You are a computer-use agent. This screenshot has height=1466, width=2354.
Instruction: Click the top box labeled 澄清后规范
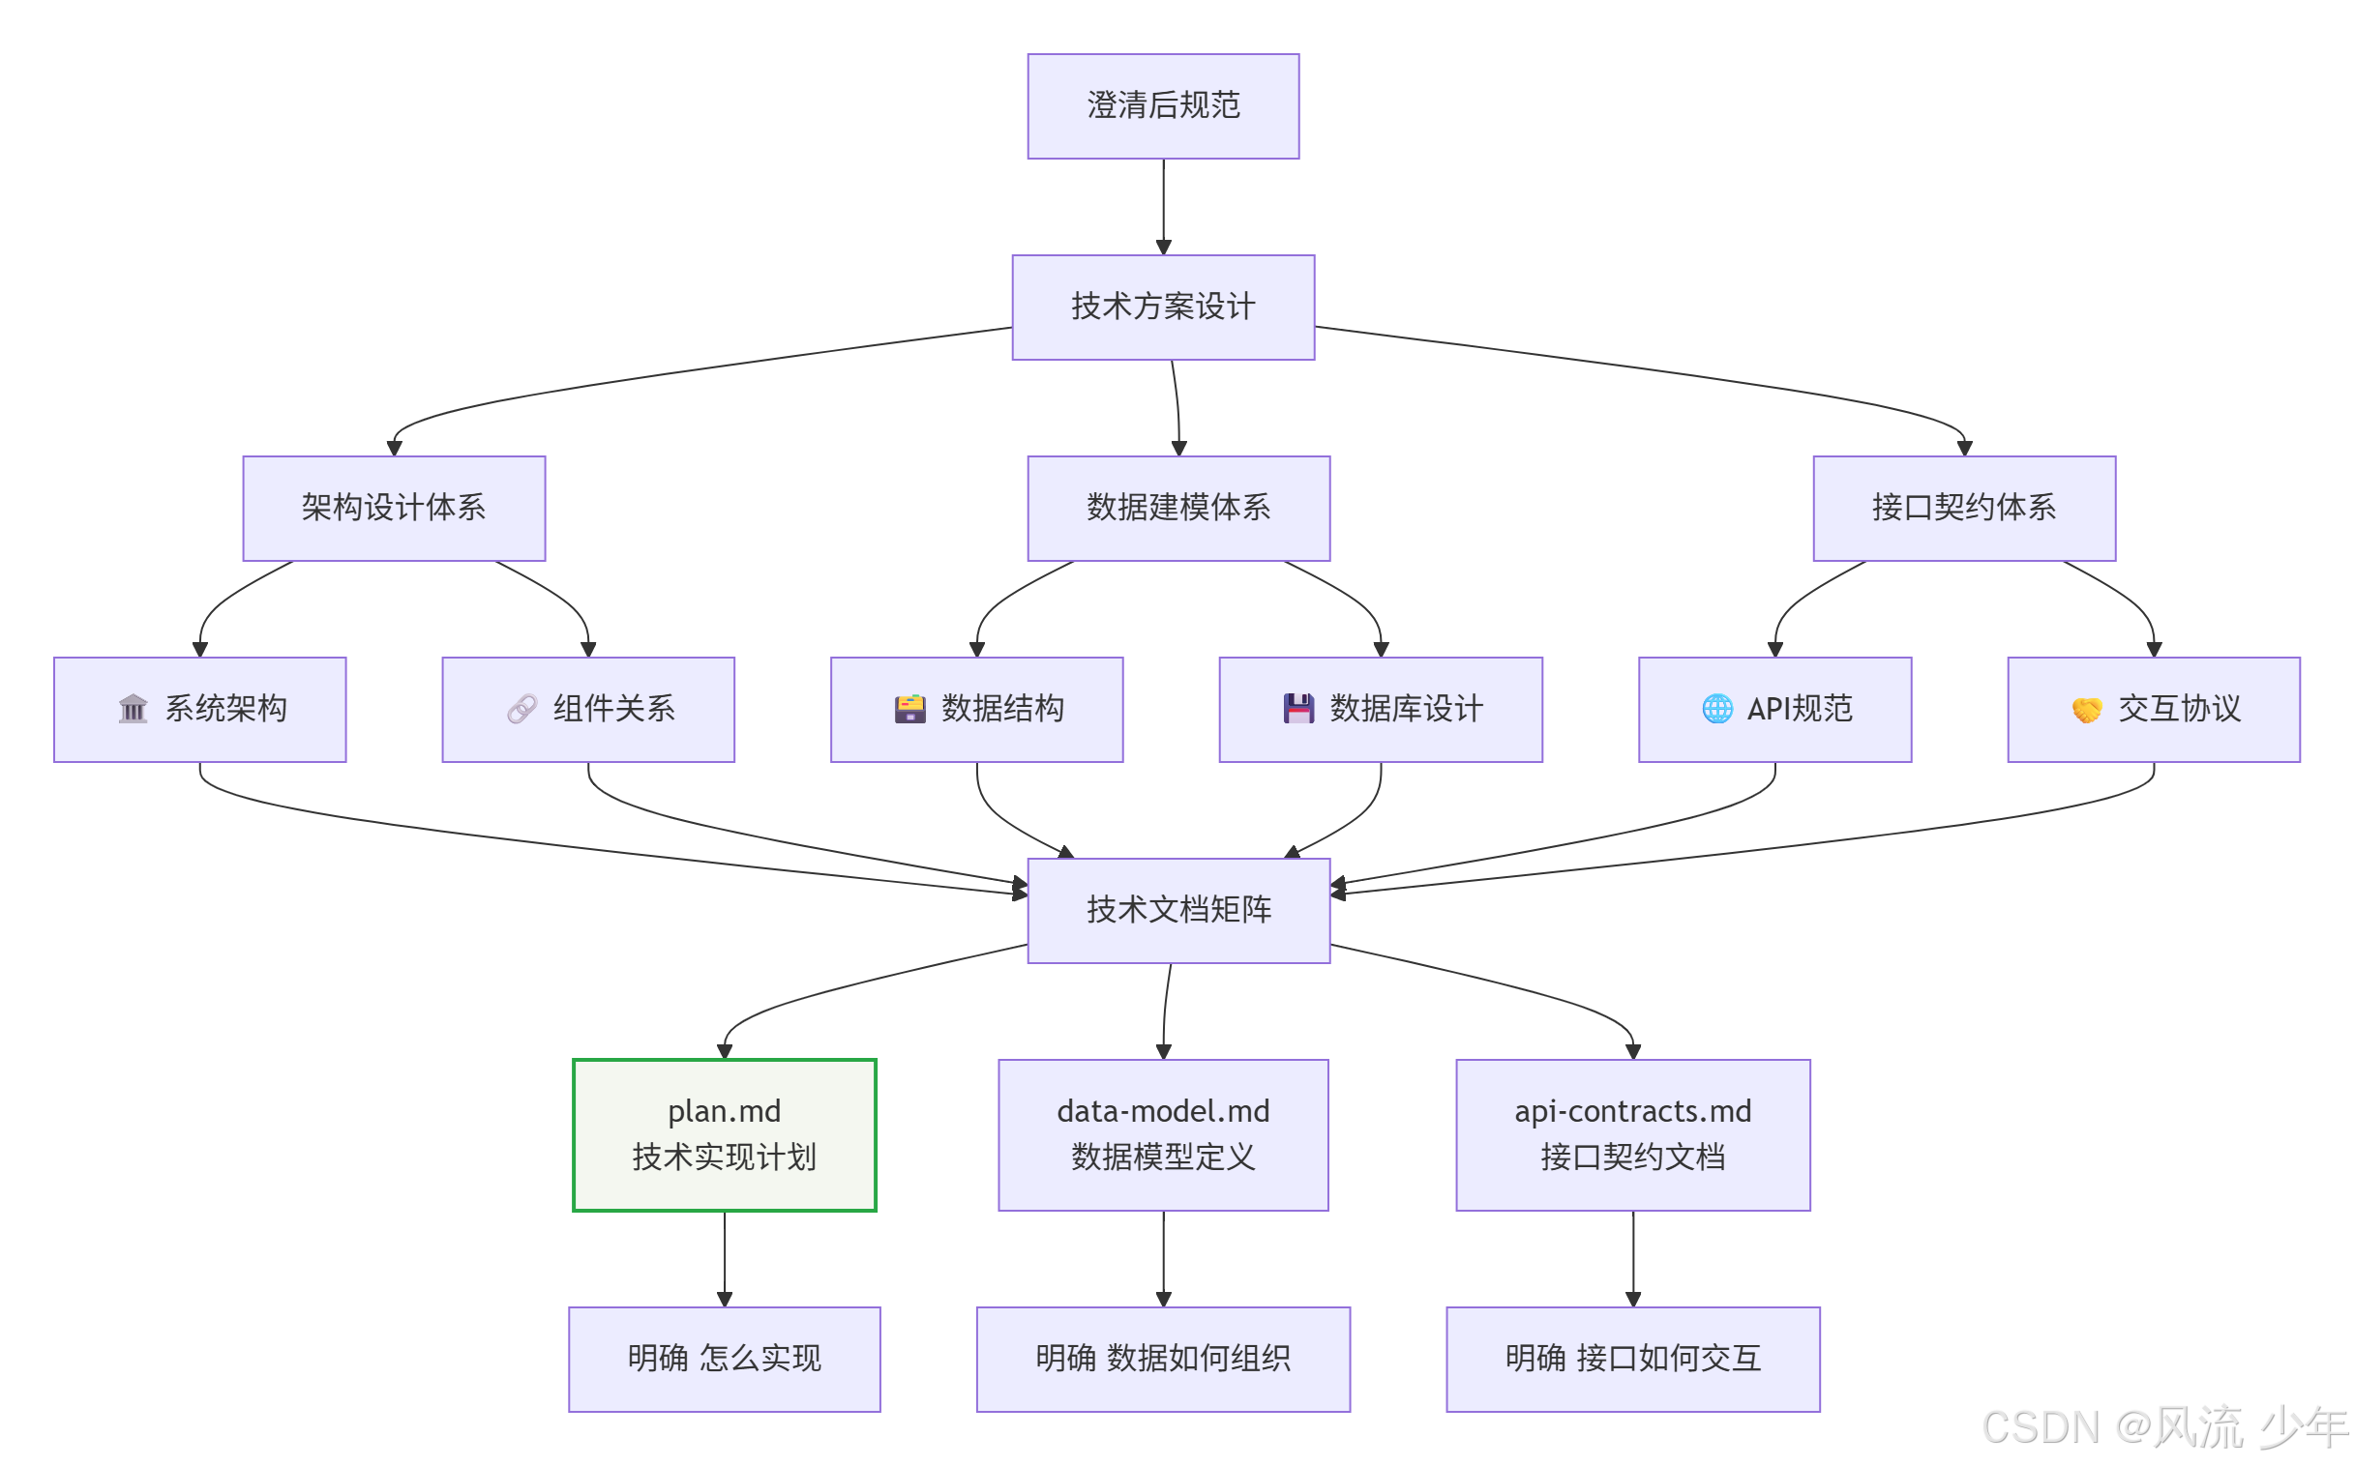point(1163,105)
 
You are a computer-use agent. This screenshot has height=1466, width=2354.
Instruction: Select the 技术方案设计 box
point(1163,307)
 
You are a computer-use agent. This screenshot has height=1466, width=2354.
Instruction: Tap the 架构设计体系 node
point(394,508)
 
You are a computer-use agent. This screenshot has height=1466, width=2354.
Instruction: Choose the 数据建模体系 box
point(1178,508)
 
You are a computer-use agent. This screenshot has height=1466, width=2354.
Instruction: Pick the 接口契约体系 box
point(1964,508)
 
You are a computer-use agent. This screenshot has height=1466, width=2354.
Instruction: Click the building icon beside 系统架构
point(133,709)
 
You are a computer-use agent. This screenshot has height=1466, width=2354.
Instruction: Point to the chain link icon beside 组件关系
point(521,709)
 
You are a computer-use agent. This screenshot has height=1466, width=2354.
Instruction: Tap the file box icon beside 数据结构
point(909,709)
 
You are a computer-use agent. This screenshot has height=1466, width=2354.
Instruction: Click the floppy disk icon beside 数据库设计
point(1298,709)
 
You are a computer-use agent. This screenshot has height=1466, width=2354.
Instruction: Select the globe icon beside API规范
point(1716,709)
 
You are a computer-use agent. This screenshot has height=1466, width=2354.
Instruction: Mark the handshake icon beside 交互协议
point(2086,710)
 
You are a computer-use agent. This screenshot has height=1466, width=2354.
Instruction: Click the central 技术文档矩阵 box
point(1178,909)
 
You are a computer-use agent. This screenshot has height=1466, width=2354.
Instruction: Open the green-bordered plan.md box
point(725,1134)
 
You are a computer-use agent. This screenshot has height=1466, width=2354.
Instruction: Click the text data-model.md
point(1163,1111)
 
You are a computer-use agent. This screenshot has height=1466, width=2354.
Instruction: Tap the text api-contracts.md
point(1632,1111)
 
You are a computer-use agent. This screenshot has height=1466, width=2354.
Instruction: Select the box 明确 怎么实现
point(725,1359)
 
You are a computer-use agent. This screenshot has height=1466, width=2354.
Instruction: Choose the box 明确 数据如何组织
point(1163,1359)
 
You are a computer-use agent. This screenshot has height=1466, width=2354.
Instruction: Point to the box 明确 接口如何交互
point(1632,1359)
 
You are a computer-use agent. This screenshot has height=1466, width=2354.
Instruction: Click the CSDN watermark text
point(2163,1427)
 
